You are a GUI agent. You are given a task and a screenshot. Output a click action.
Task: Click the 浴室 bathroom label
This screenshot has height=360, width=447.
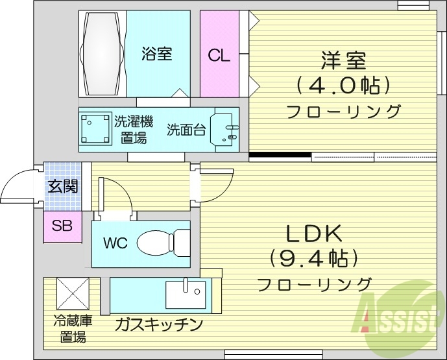(x=156, y=54)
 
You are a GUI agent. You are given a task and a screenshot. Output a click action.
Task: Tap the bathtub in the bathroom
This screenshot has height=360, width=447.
(x=103, y=53)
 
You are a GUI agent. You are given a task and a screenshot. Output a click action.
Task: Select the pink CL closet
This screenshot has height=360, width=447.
(x=219, y=54)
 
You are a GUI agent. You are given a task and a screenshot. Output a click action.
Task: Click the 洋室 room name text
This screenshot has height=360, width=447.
(x=343, y=61)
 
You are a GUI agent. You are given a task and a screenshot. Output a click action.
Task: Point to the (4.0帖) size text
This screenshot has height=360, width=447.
(x=343, y=84)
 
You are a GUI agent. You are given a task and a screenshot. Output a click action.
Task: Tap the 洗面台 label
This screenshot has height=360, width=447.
(x=186, y=129)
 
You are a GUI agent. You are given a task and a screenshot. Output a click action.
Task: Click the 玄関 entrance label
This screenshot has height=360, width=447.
(x=62, y=186)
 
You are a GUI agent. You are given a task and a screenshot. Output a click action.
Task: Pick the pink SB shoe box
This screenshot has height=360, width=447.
(x=62, y=226)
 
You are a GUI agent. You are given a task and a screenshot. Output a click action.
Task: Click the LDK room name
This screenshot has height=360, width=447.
(x=314, y=234)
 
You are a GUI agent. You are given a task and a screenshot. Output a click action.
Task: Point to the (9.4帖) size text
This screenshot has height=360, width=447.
(x=314, y=259)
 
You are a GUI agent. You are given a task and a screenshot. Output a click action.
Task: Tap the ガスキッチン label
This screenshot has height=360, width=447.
(x=160, y=324)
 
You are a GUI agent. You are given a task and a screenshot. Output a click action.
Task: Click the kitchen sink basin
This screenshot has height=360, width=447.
(x=186, y=295)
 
